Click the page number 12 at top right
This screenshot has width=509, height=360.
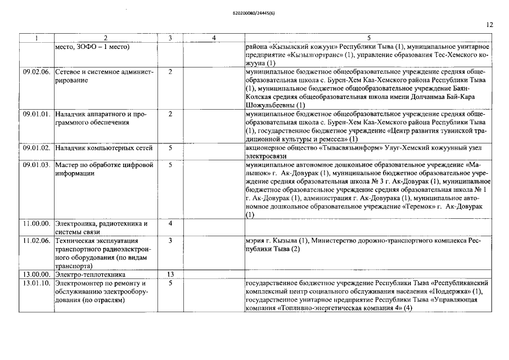click(489, 25)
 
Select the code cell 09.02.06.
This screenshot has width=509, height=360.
click(37, 72)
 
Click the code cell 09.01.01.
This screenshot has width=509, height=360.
click(37, 114)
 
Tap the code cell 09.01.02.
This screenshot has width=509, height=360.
click(37, 147)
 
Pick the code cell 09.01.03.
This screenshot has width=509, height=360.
click(37, 165)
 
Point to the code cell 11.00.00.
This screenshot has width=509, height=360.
click(37, 223)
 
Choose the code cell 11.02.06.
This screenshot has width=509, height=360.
click(37, 240)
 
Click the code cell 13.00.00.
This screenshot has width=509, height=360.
click(37, 274)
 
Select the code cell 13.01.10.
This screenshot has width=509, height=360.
click(37, 282)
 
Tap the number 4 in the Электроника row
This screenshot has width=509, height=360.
click(170, 223)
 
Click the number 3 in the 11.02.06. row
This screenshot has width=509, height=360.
click(170, 240)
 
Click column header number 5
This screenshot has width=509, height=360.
click(368, 38)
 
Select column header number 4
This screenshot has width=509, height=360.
click(214, 38)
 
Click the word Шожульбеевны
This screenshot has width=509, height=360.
click(271, 105)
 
